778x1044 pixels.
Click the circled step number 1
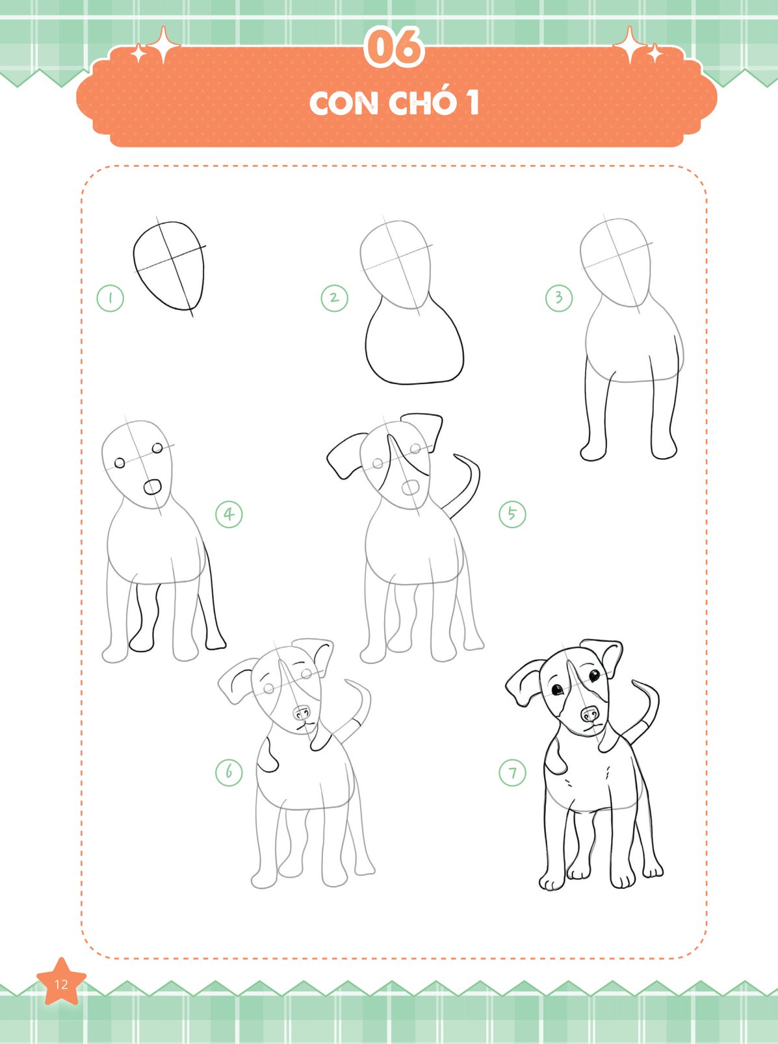(110, 298)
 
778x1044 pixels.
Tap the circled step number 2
(334, 298)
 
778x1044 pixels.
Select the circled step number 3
(559, 298)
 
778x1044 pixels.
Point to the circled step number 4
(229, 514)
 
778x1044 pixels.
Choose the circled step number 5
(512, 513)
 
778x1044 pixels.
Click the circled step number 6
(229, 772)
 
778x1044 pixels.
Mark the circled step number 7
(512, 772)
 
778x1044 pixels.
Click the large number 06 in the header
(395, 47)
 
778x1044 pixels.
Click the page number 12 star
(61, 984)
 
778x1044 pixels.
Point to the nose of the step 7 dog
(590, 715)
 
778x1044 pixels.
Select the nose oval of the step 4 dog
(152, 487)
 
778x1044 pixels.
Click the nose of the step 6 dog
(302, 713)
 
